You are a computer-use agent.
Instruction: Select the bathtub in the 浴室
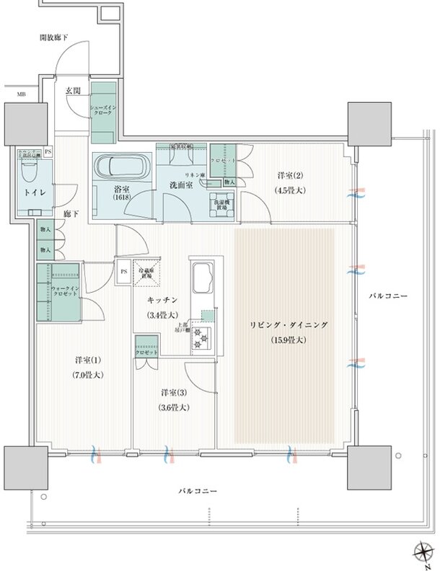click(121, 167)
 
